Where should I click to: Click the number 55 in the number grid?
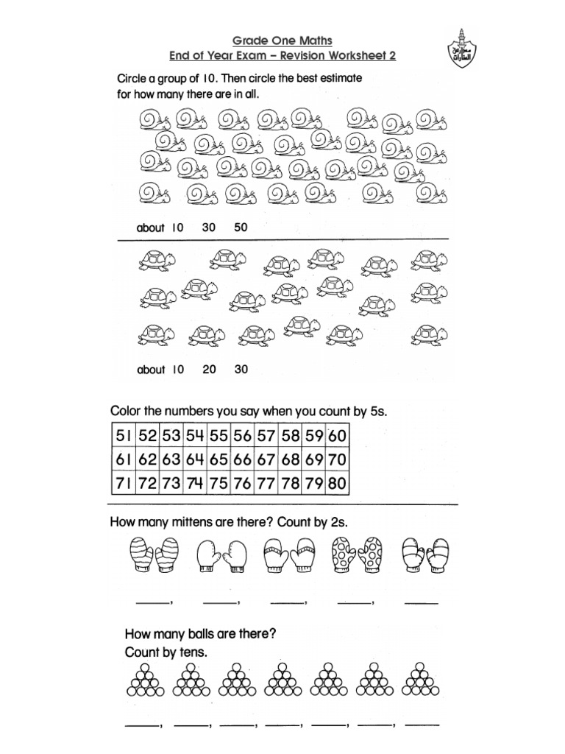(218, 436)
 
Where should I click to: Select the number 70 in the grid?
(338, 460)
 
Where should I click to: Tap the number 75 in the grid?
(218, 485)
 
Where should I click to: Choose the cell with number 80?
(338, 485)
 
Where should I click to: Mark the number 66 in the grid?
(242, 460)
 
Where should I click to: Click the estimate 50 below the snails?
(241, 228)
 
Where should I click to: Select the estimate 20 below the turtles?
(209, 370)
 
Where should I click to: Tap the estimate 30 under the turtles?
(241, 370)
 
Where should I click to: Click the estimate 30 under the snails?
(209, 228)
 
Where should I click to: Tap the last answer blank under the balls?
(424, 725)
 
